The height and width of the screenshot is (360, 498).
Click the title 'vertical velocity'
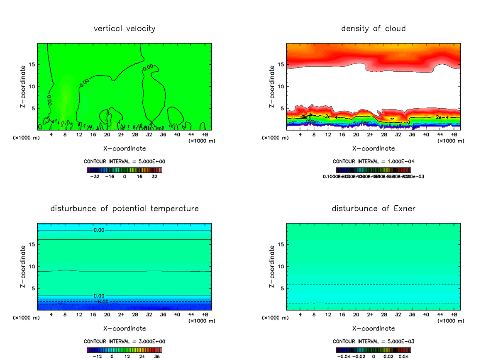pos(124,29)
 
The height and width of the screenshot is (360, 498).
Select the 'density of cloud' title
pos(373,29)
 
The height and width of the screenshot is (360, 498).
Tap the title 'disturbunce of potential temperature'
pos(124,209)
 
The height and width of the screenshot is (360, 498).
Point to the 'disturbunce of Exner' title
pos(373,209)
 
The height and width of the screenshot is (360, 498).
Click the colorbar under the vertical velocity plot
pos(124,170)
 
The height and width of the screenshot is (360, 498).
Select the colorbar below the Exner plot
pos(373,350)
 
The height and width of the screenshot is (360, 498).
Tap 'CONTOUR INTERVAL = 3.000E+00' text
pos(124,342)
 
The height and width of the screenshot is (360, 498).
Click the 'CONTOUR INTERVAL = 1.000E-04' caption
pos(373,162)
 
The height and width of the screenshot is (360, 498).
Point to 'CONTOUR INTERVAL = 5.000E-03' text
pos(373,342)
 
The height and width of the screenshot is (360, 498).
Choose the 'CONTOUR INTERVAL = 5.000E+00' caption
pos(124,162)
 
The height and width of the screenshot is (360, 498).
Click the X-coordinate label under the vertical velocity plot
pos(124,148)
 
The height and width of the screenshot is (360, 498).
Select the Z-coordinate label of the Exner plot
pos(272,267)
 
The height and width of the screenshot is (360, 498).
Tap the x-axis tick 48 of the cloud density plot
pos(454,135)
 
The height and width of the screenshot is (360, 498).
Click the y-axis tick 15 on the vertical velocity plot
pos(32,64)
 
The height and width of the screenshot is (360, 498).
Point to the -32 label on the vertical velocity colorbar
pos(96,176)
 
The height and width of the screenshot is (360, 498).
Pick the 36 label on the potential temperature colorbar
pos(157,356)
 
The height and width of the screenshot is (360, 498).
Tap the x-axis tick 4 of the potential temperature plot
pos(51,315)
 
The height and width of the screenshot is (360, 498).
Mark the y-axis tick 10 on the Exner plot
pos(281,267)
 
